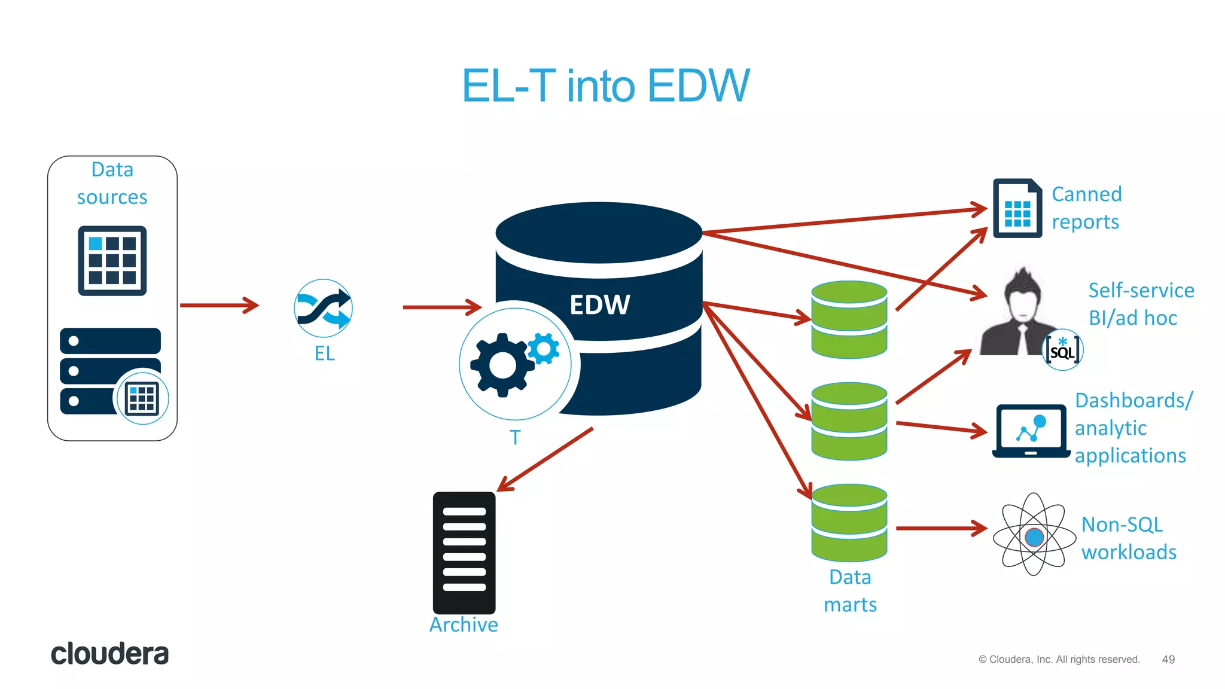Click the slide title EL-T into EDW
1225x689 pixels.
(x=605, y=86)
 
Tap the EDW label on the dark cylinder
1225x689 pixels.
(x=599, y=305)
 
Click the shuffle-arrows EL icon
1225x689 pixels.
(x=324, y=309)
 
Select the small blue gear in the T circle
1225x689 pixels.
(x=544, y=348)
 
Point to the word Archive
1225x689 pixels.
(x=464, y=624)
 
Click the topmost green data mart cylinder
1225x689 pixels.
(x=849, y=319)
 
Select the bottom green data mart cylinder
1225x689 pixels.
(x=849, y=523)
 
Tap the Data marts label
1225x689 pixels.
(x=850, y=591)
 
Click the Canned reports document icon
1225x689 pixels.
(x=1017, y=208)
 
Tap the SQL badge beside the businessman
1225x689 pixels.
(x=1063, y=350)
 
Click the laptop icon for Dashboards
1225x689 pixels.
(x=1031, y=431)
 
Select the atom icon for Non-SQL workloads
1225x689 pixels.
(x=1034, y=535)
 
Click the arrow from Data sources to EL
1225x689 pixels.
(x=219, y=305)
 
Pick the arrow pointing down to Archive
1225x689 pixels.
(x=545, y=459)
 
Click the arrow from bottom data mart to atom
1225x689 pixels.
(x=941, y=528)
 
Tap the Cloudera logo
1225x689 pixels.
(x=109, y=654)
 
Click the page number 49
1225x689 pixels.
(x=1168, y=659)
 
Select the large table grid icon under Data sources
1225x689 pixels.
(x=112, y=261)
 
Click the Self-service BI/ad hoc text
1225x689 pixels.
(x=1140, y=304)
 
